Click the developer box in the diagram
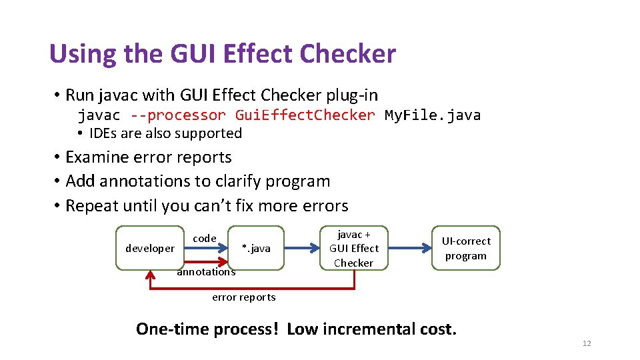point(150,248)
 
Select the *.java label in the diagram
point(256,248)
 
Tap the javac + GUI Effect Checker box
point(353,248)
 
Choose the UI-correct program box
point(466,248)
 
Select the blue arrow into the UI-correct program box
point(409,248)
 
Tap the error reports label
point(243,297)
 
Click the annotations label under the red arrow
point(206,272)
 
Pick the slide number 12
point(587,343)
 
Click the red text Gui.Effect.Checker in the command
point(305,115)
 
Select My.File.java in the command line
point(433,115)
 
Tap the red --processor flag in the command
point(178,115)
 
